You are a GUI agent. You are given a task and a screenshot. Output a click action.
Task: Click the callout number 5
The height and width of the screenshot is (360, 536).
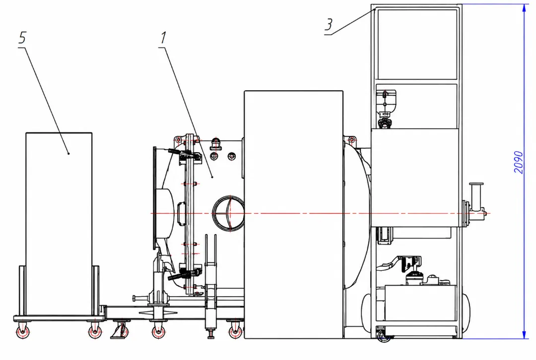pos(22,38)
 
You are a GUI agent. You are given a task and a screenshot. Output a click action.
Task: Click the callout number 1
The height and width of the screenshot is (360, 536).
pos(163,38)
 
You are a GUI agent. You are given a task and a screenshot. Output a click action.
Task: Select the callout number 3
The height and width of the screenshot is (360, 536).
pos(329,25)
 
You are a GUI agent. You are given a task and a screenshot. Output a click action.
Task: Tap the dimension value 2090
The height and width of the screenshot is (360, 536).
pos(519,162)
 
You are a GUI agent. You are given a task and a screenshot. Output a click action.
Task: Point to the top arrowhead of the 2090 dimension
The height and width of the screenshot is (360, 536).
pos(524,8)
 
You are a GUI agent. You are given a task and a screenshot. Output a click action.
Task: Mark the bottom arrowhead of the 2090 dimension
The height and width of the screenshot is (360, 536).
pos(524,334)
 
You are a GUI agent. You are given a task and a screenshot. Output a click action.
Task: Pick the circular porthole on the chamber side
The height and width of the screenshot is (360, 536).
pos(228,213)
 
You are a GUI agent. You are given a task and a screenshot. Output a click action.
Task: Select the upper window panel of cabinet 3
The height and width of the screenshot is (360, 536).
pos(417,45)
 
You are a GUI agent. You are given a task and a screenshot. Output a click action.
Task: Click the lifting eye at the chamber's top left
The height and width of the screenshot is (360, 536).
pos(177,140)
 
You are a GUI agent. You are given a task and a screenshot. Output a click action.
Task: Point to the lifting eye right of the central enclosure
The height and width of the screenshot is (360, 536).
pos(351,140)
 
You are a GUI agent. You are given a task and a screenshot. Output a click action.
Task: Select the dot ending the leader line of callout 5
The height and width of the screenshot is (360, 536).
pos(68,153)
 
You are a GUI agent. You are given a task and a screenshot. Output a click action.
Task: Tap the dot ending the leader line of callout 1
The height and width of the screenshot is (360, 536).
pos(212,177)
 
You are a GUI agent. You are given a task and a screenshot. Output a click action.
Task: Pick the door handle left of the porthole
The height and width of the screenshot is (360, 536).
pos(181,214)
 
